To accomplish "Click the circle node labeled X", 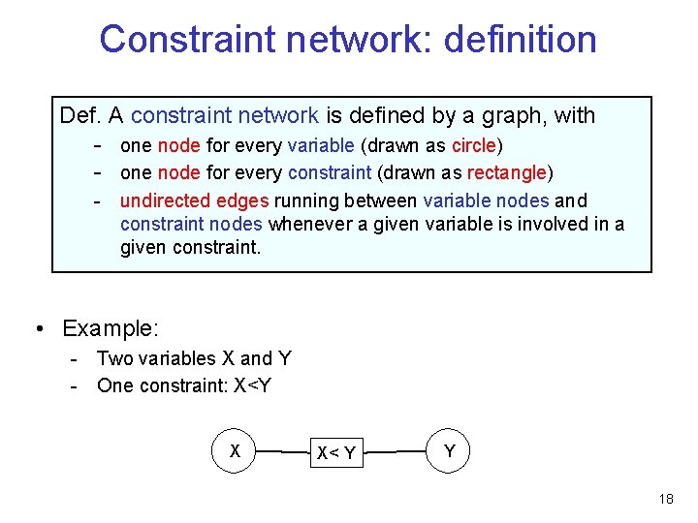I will (x=234, y=450).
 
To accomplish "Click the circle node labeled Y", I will (x=449, y=450).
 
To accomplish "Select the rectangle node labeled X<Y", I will (x=336, y=452).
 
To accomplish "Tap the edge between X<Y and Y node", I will (x=397, y=451).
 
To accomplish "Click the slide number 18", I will (x=665, y=499).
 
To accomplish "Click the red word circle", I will (x=473, y=146).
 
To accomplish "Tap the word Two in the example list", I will (x=115, y=358).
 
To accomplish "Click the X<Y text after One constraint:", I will (x=252, y=385).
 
